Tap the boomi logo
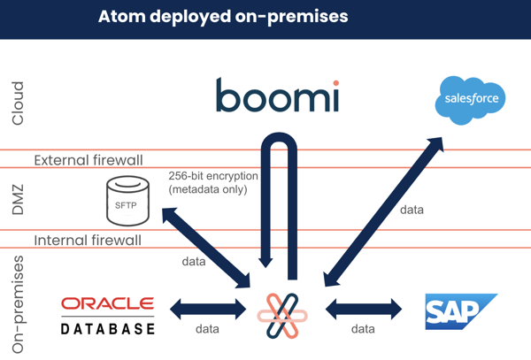click(278, 96)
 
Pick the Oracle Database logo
click(107, 316)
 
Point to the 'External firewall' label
click(89, 160)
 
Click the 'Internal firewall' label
click(87, 241)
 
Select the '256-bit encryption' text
click(213, 176)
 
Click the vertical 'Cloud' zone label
click(17, 104)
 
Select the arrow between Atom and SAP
click(364, 310)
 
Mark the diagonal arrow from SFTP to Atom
click(204, 246)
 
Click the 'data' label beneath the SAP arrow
click(363, 329)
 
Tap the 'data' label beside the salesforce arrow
click(412, 211)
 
